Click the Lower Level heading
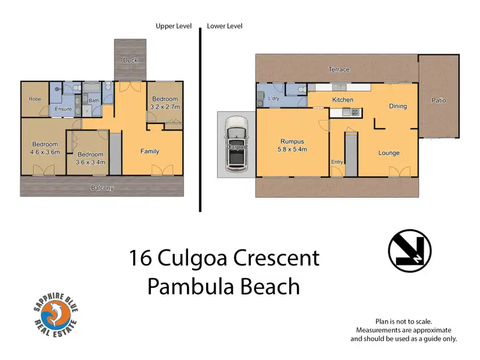[x=225, y=26]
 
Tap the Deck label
[x=131, y=61]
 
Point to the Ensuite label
[x=63, y=109]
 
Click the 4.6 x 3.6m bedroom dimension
[x=45, y=152]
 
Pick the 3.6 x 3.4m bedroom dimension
[x=90, y=162]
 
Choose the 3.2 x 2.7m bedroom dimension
[x=164, y=108]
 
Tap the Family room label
[x=150, y=152]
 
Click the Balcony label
[x=102, y=188]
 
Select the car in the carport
[x=237, y=146]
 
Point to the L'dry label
[x=275, y=98]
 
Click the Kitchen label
[x=342, y=100]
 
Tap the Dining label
[x=398, y=106]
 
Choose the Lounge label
[x=388, y=153]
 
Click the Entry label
[x=337, y=162]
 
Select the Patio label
[x=438, y=100]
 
